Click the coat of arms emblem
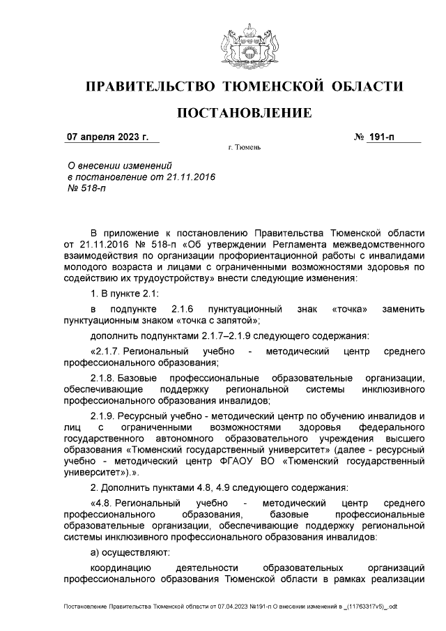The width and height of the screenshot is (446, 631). [244, 45]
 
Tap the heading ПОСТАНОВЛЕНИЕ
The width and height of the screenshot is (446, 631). [244, 113]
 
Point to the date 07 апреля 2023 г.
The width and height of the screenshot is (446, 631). [107, 137]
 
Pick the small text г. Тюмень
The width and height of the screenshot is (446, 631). [244, 149]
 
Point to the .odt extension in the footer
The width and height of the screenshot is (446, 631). [392, 607]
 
